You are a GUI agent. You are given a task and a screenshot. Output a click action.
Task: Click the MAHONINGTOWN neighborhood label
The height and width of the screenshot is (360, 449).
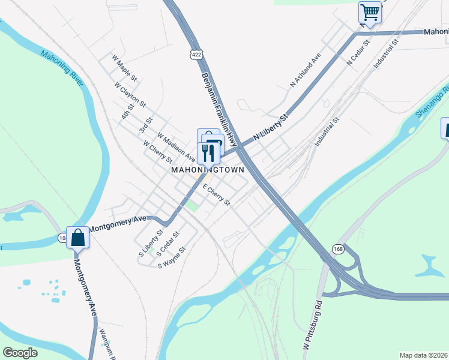coord(208,170)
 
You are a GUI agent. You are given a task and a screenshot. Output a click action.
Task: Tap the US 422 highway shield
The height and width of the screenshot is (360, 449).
coord(197,55)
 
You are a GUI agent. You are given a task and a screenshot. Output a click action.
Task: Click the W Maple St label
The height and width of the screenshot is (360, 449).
coord(125,68)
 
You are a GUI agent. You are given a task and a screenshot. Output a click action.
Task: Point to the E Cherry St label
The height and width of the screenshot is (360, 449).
coord(217,195)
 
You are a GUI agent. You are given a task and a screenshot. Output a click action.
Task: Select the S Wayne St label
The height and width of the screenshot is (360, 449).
coord(171,257)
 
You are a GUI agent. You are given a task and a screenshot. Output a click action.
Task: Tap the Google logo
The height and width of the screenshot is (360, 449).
coord(20,353)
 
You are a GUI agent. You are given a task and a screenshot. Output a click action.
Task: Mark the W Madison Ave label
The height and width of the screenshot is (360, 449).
coord(176,147)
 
